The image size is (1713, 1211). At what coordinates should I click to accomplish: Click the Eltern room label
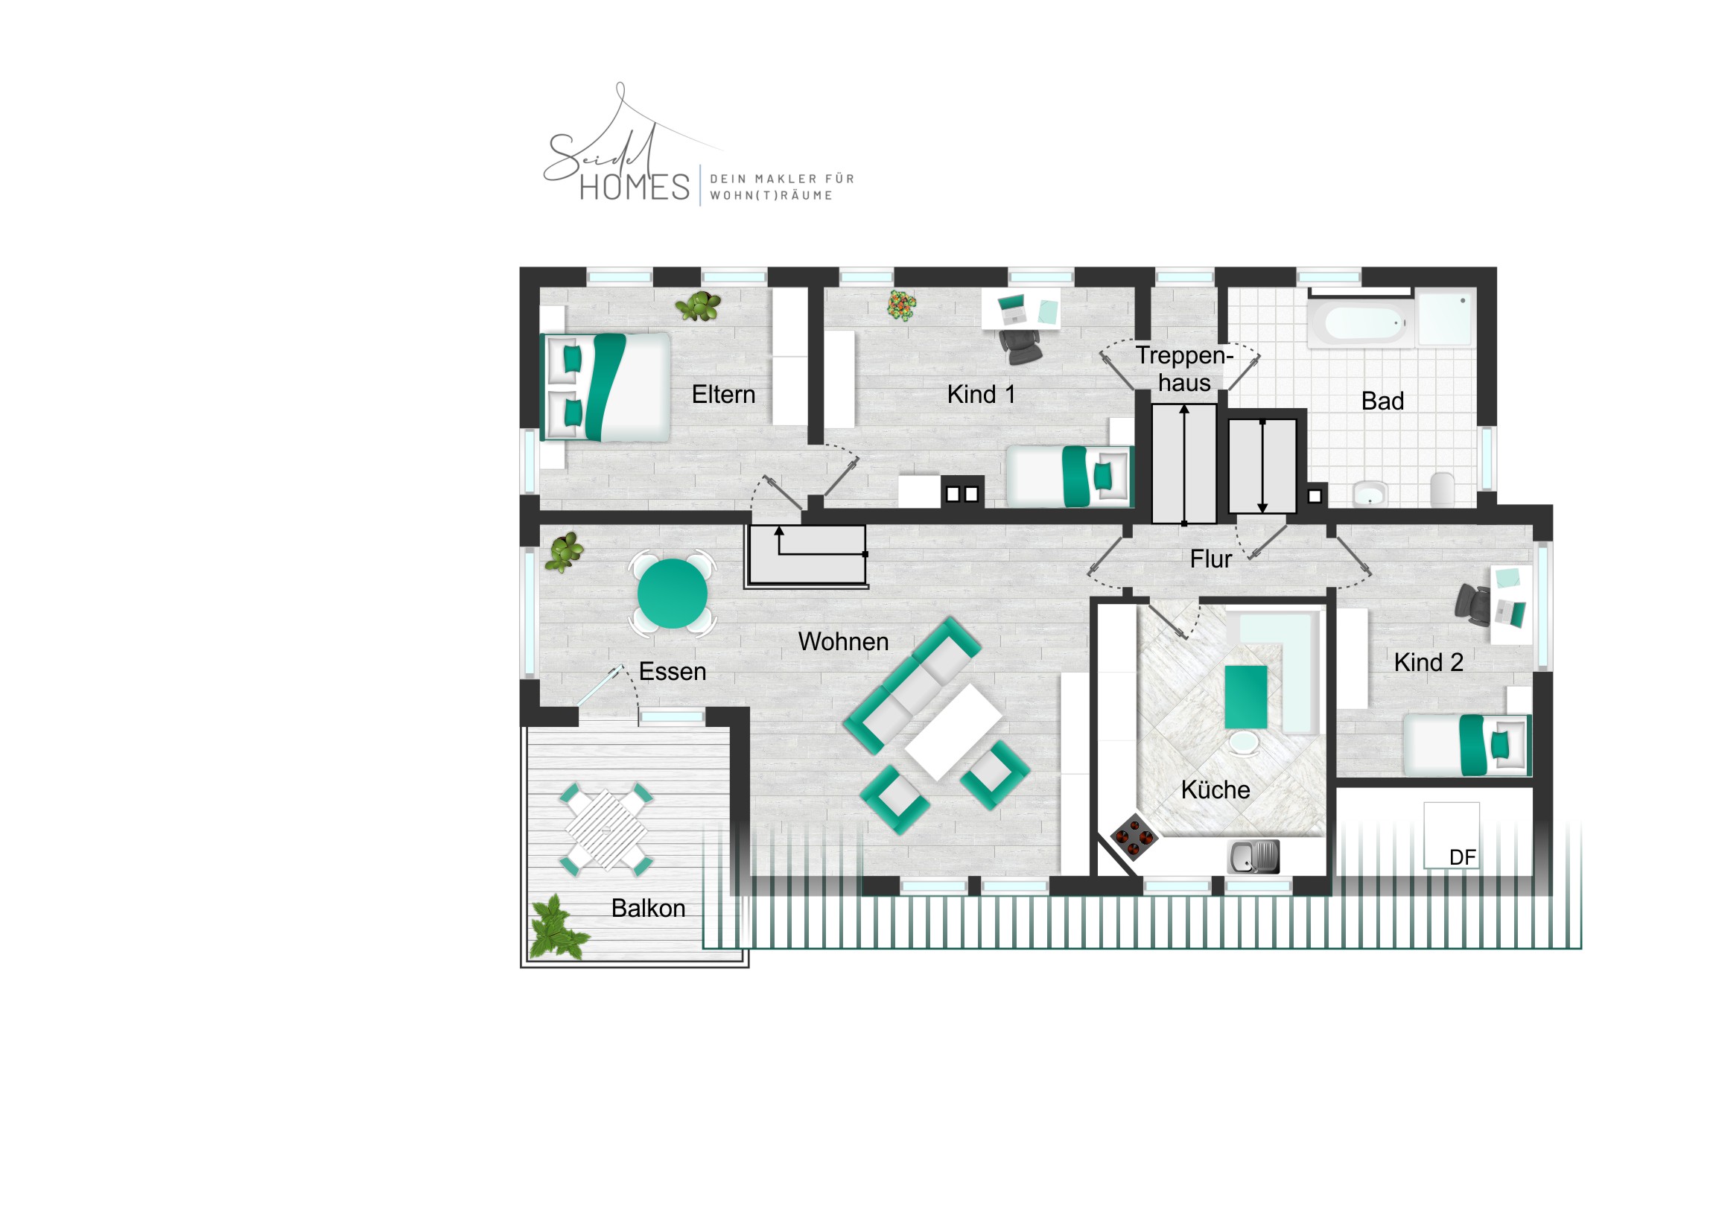click(x=723, y=395)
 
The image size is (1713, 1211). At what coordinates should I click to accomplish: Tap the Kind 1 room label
click(x=981, y=395)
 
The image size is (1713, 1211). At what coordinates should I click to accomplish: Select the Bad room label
click(x=1382, y=401)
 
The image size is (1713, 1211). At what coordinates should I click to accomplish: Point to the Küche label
click(x=1215, y=789)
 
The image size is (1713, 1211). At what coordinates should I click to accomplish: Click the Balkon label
click(x=648, y=908)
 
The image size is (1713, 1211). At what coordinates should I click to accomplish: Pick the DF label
click(x=1462, y=857)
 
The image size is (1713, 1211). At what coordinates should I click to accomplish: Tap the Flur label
click(x=1211, y=559)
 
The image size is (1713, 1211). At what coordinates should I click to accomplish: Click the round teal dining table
click(x=673, y=594)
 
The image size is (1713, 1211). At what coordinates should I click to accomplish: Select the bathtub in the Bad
click(x=1361, y=322)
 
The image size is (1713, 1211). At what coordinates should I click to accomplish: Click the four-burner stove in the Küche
click(x=1134, y=837)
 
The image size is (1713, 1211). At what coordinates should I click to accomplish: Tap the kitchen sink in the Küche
click(x=1253, y=856)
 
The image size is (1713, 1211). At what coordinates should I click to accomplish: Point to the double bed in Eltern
click(x=606, y=387)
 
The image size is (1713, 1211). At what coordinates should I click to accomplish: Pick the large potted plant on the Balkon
click(x=556, y=927)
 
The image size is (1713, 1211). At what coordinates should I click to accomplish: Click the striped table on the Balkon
click(x=606, y=830)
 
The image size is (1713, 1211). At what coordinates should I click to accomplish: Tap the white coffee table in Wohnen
click(x=953, y=733)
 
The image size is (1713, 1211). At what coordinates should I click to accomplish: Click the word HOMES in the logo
click(x=635, y=187)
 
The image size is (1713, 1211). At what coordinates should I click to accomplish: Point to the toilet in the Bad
click(x=1442, y=489)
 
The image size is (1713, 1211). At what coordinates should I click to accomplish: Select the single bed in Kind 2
click(x=1466, y=745)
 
